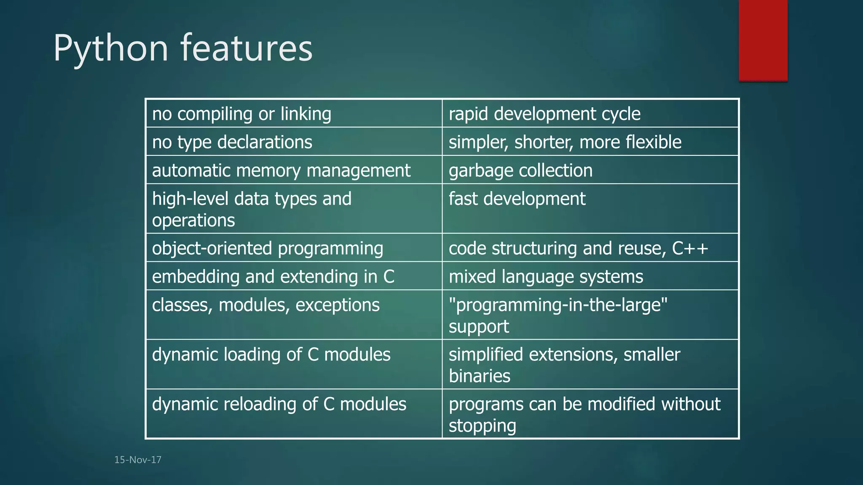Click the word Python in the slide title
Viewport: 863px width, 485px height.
click(x=111, y=48)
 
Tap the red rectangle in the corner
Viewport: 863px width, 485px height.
click(x=763, y=40)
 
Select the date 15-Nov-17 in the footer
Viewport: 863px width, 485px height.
click(x=138, y=460)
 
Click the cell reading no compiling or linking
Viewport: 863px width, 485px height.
click(x=241, y=114)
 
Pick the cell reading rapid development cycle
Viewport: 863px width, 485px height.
click(x=544, y=114)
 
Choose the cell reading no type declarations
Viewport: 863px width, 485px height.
click(x=232, y=142)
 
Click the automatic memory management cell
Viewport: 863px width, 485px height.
click(x=281, y=171)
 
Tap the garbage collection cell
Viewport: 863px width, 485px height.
click(x=520, y=171)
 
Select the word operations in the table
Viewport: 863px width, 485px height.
click(x=193, y=221)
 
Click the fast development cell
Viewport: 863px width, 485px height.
click(x=517, y=199)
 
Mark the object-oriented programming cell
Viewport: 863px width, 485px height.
click(x=268, y=248)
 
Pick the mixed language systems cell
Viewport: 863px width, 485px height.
click(x=546, y=277)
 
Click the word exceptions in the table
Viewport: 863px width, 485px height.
click(x=337, y=305)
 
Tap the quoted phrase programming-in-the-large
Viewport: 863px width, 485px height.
click(x=558, y=305)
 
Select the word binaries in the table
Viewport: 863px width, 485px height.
click(x=479, y=376)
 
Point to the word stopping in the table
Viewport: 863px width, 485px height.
click(x=482, y=426)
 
